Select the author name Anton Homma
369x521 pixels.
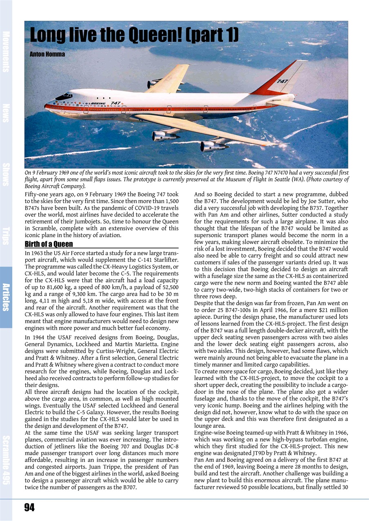47,54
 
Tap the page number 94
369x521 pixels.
29,507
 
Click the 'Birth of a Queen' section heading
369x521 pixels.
49,244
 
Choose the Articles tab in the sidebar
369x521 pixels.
6,297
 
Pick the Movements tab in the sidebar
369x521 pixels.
6,51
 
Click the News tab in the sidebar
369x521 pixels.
6,113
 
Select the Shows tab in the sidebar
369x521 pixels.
6,174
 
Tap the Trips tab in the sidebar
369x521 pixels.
6,236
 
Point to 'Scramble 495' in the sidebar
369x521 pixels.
6,460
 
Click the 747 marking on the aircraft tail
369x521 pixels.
283,81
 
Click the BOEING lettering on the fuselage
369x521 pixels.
98,104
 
